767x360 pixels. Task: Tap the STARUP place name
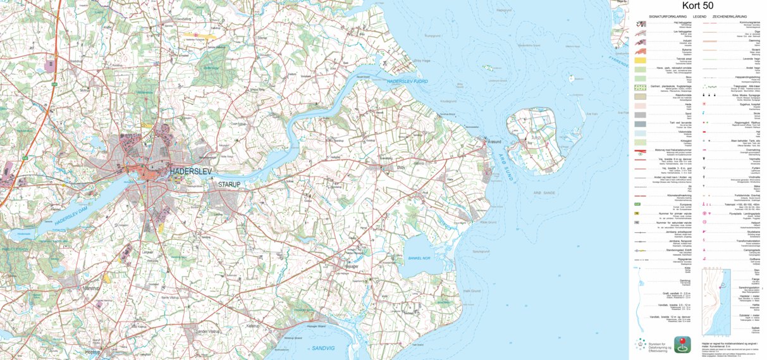230,185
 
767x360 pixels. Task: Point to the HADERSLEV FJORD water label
408,82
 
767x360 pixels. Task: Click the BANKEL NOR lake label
419,258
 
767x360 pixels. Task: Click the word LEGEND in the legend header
699,16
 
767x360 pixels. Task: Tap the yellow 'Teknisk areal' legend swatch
641,59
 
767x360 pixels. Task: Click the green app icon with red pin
682,344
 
